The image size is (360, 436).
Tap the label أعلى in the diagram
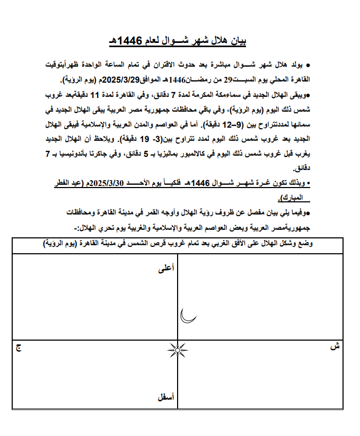tap(166, 269)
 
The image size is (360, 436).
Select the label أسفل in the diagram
tap(165, 397)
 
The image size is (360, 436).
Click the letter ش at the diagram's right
tap(333, 347)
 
